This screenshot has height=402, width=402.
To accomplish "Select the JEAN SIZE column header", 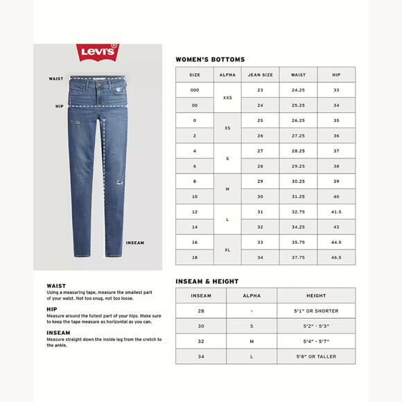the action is pos(260,74).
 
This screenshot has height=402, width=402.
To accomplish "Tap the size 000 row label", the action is pos(195,90).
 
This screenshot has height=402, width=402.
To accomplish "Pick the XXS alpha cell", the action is pos(227,98).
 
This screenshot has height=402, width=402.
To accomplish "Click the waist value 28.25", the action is pos(299,150).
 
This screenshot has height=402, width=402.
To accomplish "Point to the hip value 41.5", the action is pos(336,211).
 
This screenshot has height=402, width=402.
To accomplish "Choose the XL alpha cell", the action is pos(227,249).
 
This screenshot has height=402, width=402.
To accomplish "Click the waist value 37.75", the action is pos(299,256).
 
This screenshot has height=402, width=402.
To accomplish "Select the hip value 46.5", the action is pos(336,256).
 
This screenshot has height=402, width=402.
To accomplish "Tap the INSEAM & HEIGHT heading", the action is pos(207,281).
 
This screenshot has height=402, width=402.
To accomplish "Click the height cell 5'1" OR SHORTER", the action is pos(315,311).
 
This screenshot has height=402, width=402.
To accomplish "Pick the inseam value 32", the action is pos(200,342).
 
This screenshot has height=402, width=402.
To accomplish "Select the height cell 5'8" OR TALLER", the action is pos(315,356).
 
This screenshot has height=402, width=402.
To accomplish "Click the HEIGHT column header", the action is pos(315,295).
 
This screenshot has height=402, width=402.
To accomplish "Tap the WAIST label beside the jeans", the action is pos(56,79).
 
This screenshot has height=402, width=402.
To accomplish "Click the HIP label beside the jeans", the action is pos(59,107).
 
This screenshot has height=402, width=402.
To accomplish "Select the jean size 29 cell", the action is pos(260,181).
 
